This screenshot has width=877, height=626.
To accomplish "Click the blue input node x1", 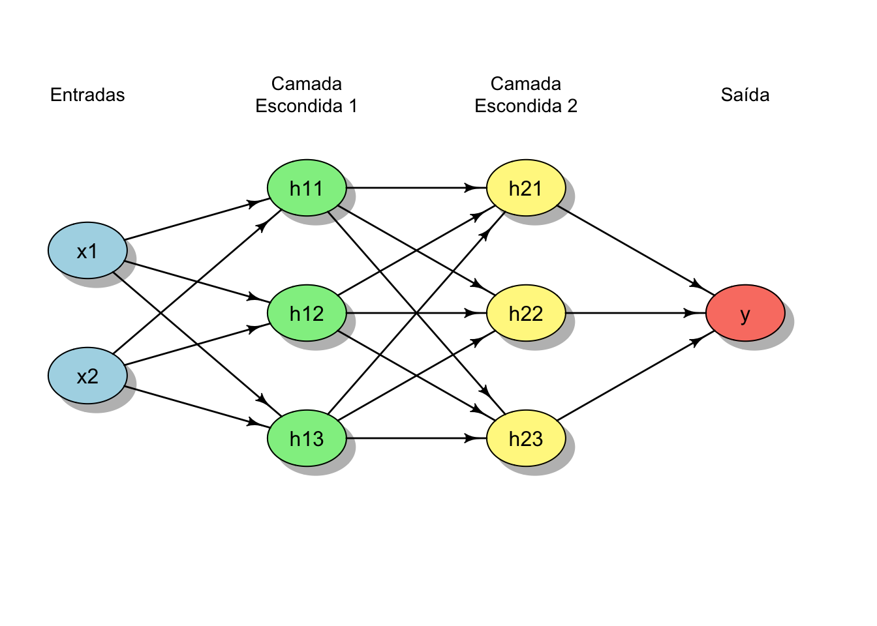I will pyautogui.click(x=87, y=250).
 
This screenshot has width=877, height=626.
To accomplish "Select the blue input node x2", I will pyautogui.click(x=87, y=376).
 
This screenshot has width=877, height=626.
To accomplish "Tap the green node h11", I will pyautogui.click(x=307, y=188).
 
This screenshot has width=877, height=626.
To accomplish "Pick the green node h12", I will pyautogui.click(x=307, y=313).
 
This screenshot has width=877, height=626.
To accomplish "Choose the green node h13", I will pyautogui.click(x=307, y=438).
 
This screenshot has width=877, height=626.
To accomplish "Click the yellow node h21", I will pyautogui.click(x=526, y=188).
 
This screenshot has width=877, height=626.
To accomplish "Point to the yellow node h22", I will pyautogui.click(x=526, y=313).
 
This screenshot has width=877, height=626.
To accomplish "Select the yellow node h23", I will pyautogui.click(x=526, y=438).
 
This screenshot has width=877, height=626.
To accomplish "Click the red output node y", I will pyautogui.click(x=745, y=313).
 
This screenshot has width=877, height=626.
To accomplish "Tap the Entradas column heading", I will pyautogui.click(x=87, y=95).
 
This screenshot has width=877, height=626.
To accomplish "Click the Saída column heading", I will pyautogui.click(x=745, y=95).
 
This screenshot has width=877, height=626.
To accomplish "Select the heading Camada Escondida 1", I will pyautogui.click(x=307, y=95).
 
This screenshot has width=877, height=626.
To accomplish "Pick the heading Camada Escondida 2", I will pyautogui.click(x=526, y=95).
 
